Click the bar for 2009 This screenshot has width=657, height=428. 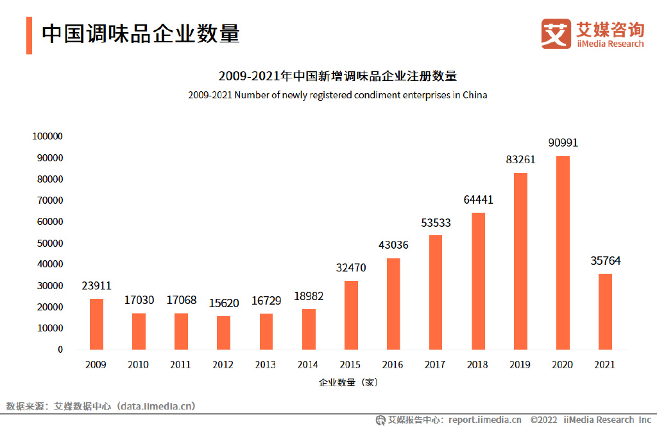coord(96,324)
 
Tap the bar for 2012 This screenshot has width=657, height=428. coord(223,332)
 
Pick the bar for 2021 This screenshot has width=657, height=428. coord(604,312)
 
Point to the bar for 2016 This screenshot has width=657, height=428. coord(393,304)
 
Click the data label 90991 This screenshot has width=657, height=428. coord(563,143)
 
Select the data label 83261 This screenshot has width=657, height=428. coord(520,159)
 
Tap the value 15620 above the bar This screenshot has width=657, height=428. coord(223,303)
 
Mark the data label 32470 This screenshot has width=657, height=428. coord(350,267)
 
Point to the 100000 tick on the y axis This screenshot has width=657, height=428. coord(47,136)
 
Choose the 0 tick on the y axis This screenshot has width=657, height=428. coord(60,350)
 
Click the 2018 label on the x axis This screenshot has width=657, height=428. coord(477,365)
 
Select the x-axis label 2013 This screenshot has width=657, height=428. coord(266,365)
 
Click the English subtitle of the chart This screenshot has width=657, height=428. coord(337,95)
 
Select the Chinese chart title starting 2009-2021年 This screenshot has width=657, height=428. coord(337,76)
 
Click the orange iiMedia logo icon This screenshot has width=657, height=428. coord(555,33)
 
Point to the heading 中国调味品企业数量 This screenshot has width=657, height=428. coord(141,34)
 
